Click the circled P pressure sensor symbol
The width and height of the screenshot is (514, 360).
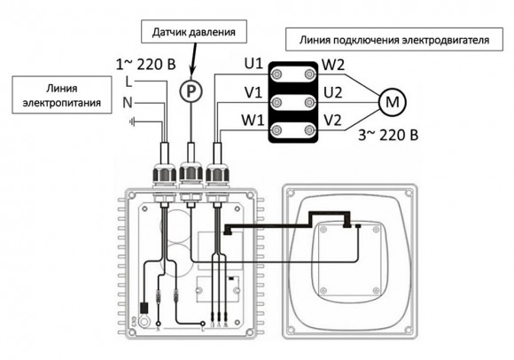(188, 90)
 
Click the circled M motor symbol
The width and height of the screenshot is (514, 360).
(391, 103)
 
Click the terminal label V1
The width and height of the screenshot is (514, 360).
(253, 92)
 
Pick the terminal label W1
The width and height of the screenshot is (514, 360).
(253, 121)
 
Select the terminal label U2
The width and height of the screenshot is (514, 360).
(333, 92)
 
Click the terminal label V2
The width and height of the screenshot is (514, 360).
(333, 121)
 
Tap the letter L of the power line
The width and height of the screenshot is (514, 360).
(130, 82)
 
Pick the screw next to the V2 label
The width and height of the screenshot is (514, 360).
(310, 131)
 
